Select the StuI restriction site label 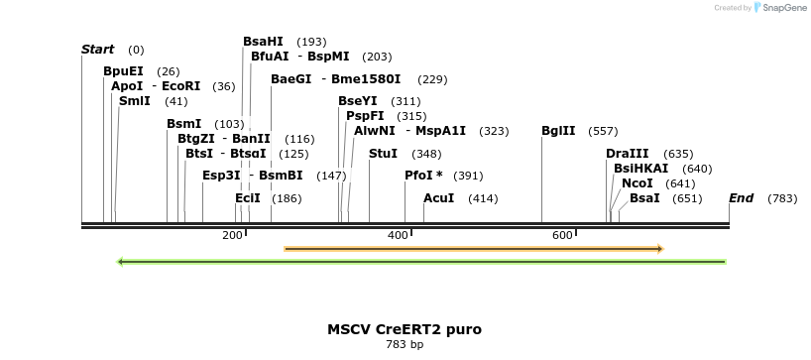[383, 154]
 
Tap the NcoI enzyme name [637, 183]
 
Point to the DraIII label [628, 154]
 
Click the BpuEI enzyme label [123, 71]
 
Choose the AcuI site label [438, 198]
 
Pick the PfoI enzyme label [423, 176]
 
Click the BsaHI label [263, 42]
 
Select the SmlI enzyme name [134, 101]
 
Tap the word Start [97, 50]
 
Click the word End [742, 198]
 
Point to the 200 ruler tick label [232, 235]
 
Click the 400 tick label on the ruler [398, 235]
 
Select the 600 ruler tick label [562, 235]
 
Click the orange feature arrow [473, 248]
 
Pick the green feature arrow [421, 262]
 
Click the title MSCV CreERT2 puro [405, 329]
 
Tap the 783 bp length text [405, 345]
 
